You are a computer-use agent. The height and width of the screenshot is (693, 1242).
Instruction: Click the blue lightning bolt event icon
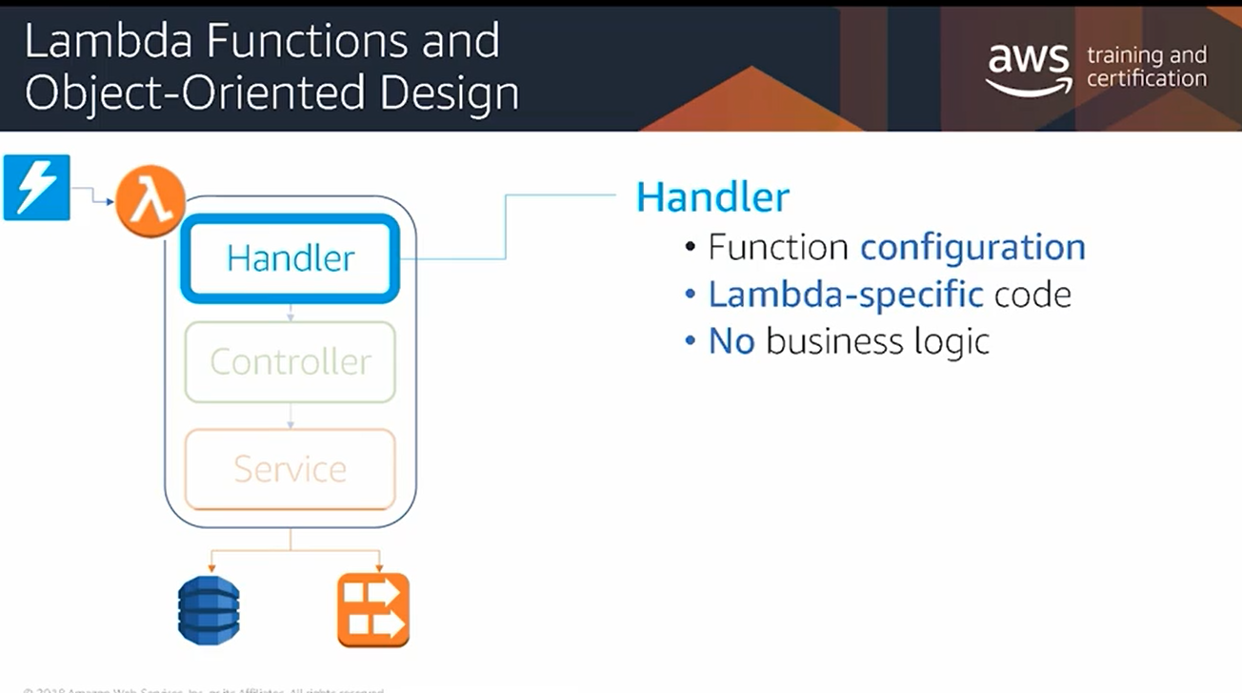[x=37, y=187]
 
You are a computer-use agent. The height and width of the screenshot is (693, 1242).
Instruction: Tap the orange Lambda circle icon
[x=150, y=201]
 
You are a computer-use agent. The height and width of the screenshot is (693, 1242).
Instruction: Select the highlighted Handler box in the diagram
[x=290, y=258]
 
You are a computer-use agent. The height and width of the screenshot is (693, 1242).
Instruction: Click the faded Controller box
[x=290, y=362]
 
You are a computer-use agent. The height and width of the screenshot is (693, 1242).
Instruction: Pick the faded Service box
[x=290, y=469]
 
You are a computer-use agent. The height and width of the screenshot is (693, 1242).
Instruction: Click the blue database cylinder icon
[x=209, y=611]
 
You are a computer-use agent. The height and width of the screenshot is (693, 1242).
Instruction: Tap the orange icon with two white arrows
[x=373, y=610]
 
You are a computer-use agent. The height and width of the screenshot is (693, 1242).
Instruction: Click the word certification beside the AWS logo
[x=1146, y=79]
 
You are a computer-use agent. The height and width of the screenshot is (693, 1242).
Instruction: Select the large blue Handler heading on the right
[x=712, y=197]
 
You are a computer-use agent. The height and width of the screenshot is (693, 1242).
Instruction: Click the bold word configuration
[x=972, y=248]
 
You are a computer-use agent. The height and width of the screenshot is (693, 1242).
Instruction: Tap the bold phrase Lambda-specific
[x=846, y=295]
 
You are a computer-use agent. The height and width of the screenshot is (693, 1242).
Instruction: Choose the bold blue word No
[x=731, y=341]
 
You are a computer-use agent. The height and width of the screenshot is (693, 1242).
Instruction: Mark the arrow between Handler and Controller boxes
[x=290, y=312]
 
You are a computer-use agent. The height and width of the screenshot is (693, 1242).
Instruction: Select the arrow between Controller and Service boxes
[x=290, y=417]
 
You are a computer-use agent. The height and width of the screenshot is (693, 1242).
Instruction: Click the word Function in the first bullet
[x=778, y=248]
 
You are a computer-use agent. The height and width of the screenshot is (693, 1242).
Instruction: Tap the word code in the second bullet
[x=1032, y=295]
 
